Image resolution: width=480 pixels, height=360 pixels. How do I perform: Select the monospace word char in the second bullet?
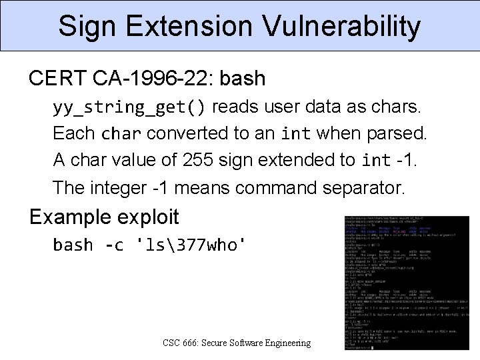point(121,134)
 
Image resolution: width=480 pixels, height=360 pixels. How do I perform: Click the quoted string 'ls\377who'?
point(191,245)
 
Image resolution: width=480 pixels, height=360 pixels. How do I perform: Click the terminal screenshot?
point(407,283)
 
